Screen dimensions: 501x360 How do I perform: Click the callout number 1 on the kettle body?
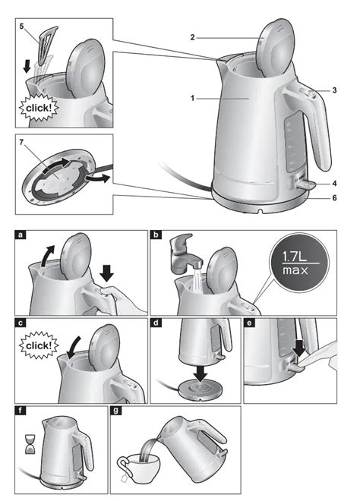194,98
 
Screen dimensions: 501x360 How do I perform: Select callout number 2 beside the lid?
193,36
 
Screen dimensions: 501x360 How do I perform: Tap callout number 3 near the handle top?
334,90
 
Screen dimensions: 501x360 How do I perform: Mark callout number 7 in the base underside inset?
22,143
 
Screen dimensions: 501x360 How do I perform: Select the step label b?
156,236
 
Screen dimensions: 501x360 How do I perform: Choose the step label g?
116,411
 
